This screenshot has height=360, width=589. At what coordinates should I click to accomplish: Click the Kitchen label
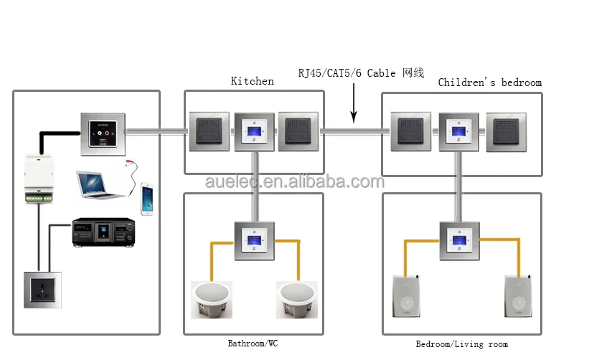[x=252, y=81]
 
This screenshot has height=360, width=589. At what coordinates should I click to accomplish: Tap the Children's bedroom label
[x=489, y=82]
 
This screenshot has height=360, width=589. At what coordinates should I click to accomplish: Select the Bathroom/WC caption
[x=253, y=344]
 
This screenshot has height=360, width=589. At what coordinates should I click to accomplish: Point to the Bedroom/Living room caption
[x=461, y=344]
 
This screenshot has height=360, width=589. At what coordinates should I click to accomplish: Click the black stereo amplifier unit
[x=104, y=233]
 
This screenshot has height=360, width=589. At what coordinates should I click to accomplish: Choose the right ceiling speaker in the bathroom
[x=298, y=300]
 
